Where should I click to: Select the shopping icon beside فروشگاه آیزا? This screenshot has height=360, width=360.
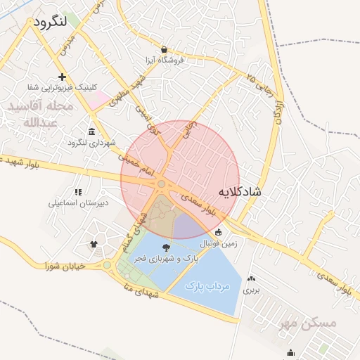click(164, 49)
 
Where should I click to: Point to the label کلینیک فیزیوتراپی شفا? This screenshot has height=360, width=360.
click(63, 87)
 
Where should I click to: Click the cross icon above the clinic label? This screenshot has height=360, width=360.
click(63, 77)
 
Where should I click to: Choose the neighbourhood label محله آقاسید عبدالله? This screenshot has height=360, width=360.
click(38, 114)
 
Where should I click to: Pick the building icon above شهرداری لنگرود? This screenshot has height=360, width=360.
click(92, 131)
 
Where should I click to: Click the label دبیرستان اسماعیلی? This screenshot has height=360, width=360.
click(78, 203)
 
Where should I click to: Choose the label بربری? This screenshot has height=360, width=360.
click(252, 289)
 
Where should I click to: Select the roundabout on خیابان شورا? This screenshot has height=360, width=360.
click(107, 266)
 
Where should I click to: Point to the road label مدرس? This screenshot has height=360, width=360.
click(67, 46)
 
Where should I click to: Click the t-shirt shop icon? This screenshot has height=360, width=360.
click(93, 243)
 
